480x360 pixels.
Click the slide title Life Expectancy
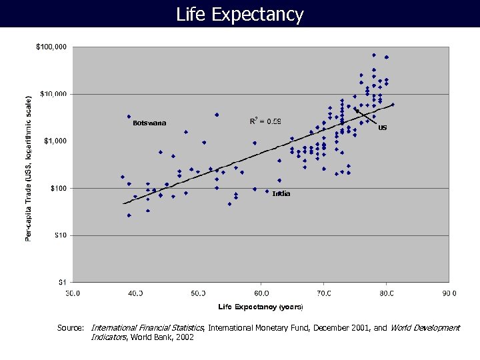tap(239, 14)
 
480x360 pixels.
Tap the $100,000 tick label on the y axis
tap(51, 47)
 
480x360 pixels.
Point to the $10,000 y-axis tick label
tap(53, 94)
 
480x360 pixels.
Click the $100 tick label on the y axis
tap(59, 188)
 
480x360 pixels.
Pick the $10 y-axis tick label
tap(60, 235)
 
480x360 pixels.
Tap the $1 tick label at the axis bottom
tap(63, 281)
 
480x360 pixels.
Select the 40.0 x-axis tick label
tap(135, 292)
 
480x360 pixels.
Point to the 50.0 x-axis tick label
tap(198, 292)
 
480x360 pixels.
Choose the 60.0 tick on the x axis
tap(261, 292)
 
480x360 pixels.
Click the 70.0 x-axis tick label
tap(323, 292)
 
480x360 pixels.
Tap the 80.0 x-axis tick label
tap(386, 292)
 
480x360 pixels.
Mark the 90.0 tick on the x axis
tap(448, 292)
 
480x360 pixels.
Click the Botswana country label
tap(149, 123)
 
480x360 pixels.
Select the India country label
tap(281, 193)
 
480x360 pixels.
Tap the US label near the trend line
tap(382, 128)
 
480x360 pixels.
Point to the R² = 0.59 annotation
tap(265, 121)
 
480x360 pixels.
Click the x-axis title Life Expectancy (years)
tap(261, 307)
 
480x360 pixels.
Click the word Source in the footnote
tap(70, 328)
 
